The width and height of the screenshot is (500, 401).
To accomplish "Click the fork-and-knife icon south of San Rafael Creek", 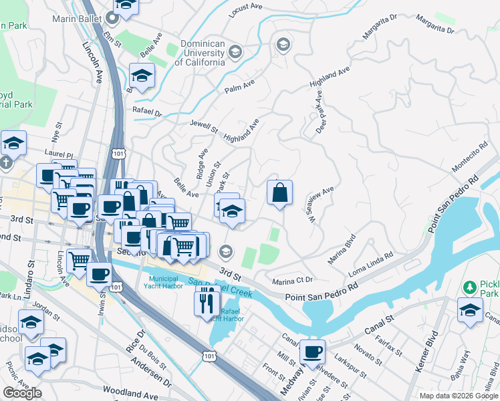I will (x=207, y=303).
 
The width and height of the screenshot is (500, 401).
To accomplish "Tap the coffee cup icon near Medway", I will (x=312, y=352).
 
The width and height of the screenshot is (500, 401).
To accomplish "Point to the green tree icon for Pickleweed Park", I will (x=470, y=287).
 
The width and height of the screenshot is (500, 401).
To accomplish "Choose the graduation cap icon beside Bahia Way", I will (x=470, y=311).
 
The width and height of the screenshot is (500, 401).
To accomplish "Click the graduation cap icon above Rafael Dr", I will (x=142, y=76).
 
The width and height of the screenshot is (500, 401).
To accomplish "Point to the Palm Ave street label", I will (x=240, y=86).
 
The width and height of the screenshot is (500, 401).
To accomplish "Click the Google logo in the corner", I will (x=22, y=393).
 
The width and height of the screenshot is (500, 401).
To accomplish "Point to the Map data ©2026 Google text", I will (x=458, y=396).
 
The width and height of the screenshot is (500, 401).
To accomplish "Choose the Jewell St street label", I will (x=203, y=126).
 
